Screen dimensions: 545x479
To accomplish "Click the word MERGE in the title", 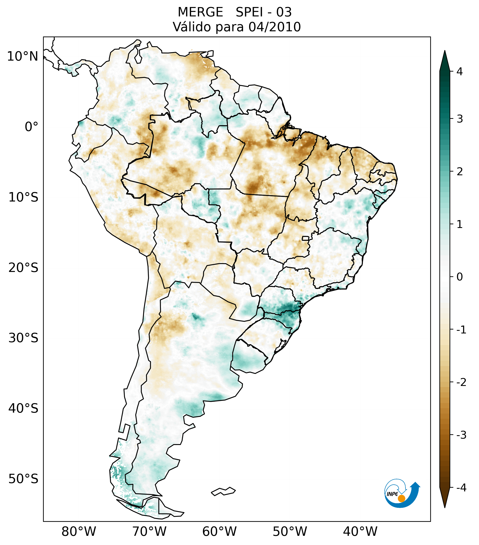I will [200, 12].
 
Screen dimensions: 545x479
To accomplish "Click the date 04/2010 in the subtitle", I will [274, 27].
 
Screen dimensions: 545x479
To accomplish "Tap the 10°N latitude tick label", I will [23, 56].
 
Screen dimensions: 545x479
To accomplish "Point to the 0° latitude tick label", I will [31, 127].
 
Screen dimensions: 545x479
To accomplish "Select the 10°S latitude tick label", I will [23, 198].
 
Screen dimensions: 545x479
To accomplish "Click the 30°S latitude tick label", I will [23, 338].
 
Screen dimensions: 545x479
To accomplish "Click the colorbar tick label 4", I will [460, 72].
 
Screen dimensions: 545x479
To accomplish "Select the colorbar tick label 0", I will [460, 277].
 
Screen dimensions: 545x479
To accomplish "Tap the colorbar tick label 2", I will [460, 172].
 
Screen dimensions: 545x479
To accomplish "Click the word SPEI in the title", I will [249, 12].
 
